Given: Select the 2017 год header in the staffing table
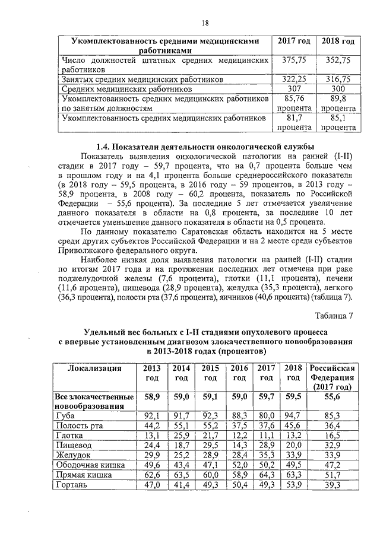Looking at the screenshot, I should [x=294, y=42].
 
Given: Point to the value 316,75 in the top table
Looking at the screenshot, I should [x=337, y=78].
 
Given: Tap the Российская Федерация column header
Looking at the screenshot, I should [x=332, y=377].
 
